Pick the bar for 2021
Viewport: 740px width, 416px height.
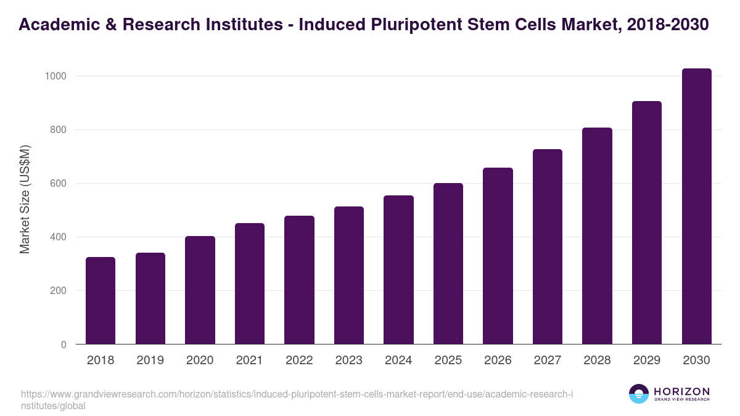(250, 283)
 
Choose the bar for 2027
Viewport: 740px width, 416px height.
(548, 247)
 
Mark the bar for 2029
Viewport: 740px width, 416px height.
(647, 222)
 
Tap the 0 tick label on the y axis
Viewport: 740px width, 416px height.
(64, 345)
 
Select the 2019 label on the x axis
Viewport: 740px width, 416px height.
(150, 361)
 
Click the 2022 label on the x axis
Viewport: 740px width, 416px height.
(299, 361)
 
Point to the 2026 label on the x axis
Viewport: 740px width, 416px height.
(498, 361)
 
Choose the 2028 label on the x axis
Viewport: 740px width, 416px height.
(597, 361)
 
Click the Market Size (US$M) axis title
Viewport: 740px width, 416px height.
(25, 199)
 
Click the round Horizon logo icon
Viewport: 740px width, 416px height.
(639, 394)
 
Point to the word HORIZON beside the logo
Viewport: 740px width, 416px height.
(681, 391)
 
